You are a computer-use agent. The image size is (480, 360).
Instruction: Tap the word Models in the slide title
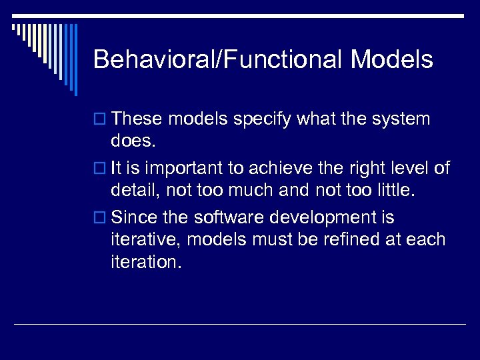(x=391, y=60)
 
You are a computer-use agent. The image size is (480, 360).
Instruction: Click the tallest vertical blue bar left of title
(x=75, y=60)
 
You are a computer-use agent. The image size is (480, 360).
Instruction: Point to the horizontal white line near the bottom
(x=240, y=325)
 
